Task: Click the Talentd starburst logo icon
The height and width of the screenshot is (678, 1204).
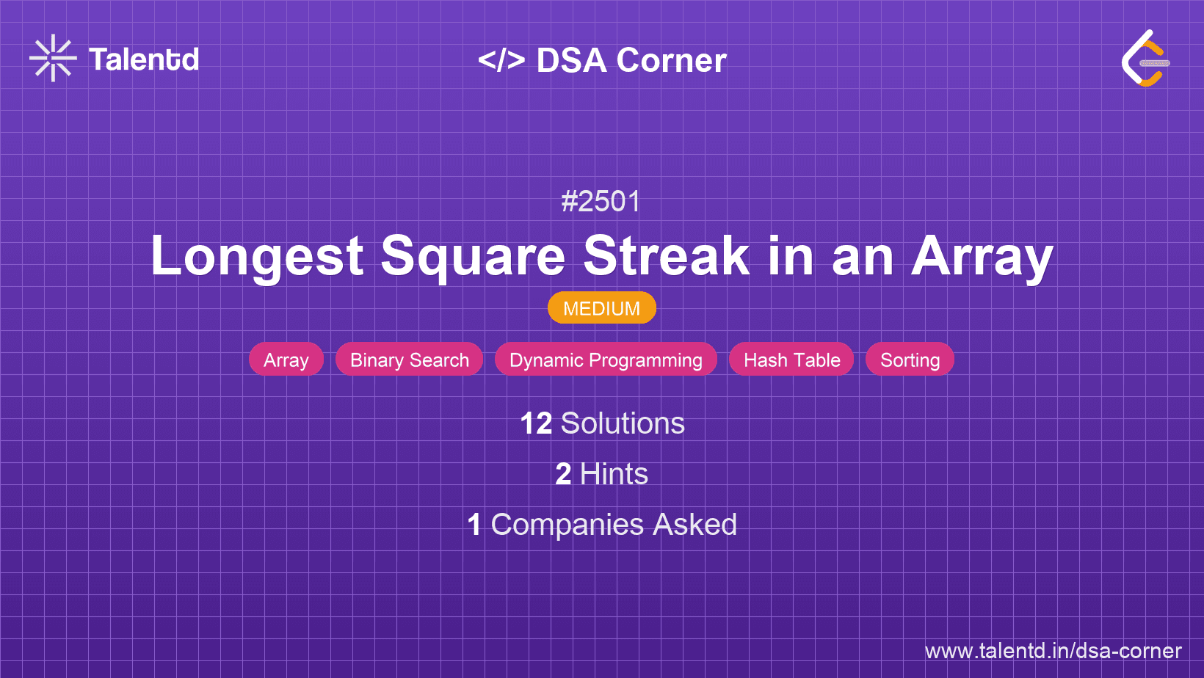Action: (x=53, y=58)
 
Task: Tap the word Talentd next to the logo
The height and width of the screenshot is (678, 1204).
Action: (x=144, y=59)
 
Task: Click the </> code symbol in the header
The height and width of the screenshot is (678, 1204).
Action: (x=501, y=59)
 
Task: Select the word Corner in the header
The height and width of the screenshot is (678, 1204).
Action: (x=671, y=60)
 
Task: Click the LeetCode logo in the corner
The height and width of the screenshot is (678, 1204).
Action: (x=1145, y=58)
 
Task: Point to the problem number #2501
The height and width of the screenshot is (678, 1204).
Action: (x=601, y=202)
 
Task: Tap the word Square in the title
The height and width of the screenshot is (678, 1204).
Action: (x=473, y=257)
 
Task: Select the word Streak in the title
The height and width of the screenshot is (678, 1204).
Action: (x=666, y=256)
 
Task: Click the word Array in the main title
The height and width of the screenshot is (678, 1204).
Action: (x=982, y=257)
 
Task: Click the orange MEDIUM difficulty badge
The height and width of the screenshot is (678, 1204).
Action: (x=602, y=308)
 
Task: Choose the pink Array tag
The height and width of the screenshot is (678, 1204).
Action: (x=286, y=360)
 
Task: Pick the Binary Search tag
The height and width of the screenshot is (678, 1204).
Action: (x=410, y=360)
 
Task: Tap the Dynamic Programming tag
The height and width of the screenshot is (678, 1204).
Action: (x=606, y=360)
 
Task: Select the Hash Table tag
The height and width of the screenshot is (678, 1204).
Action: (x=791, y=360)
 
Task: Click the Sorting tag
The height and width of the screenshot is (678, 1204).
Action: (x=910, y=360)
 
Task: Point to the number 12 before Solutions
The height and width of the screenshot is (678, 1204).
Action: (x=536, y=423)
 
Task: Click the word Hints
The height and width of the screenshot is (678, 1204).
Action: (x=614, y=474)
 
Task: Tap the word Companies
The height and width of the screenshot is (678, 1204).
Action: (x=567, y=525)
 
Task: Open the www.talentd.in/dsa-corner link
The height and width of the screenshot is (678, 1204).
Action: (x=1053, y=651)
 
